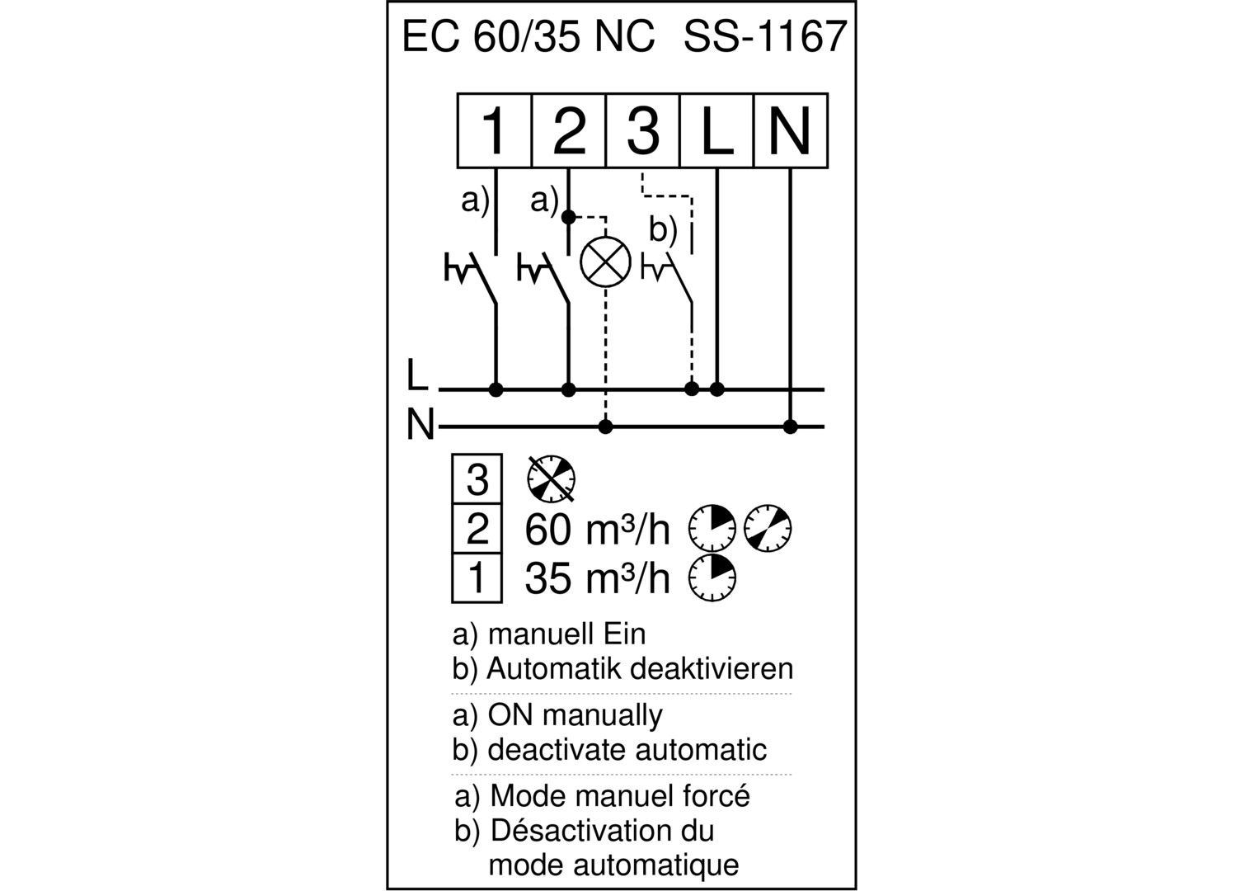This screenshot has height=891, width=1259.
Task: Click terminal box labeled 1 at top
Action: [494, 130]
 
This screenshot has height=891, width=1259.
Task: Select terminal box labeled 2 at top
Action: [569, 130]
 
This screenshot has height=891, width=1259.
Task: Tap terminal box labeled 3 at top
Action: [643, 130]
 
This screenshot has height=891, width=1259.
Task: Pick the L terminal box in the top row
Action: [716, 130]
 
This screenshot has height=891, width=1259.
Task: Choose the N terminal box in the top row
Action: [791, 130]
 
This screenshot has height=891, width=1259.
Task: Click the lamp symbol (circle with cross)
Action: [605, 262]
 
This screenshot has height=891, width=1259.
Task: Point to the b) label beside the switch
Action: [663, 229]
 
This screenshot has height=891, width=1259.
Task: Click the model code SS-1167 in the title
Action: [765, 36]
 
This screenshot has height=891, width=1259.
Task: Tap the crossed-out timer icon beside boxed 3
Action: [552, 478]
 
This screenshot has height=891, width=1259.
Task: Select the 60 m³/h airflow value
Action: [598, 530]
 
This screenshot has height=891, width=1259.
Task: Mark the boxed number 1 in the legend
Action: [477, 578]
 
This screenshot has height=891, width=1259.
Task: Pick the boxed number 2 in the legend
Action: [477, 529]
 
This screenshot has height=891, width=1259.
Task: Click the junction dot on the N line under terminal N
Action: [790, 427]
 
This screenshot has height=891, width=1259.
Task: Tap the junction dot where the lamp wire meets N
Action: [605, 427]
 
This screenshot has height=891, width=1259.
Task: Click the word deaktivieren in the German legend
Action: [712, 669]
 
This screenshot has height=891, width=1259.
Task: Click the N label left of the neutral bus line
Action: [420, 425]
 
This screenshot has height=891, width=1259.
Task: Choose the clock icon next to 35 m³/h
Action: [712, 578]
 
